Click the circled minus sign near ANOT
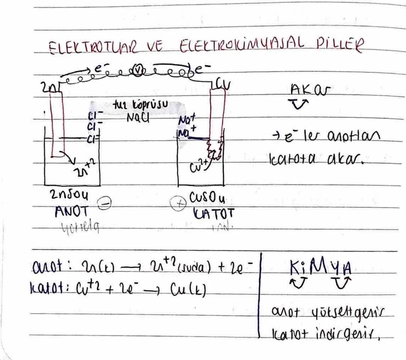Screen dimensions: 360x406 point(103,204)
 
